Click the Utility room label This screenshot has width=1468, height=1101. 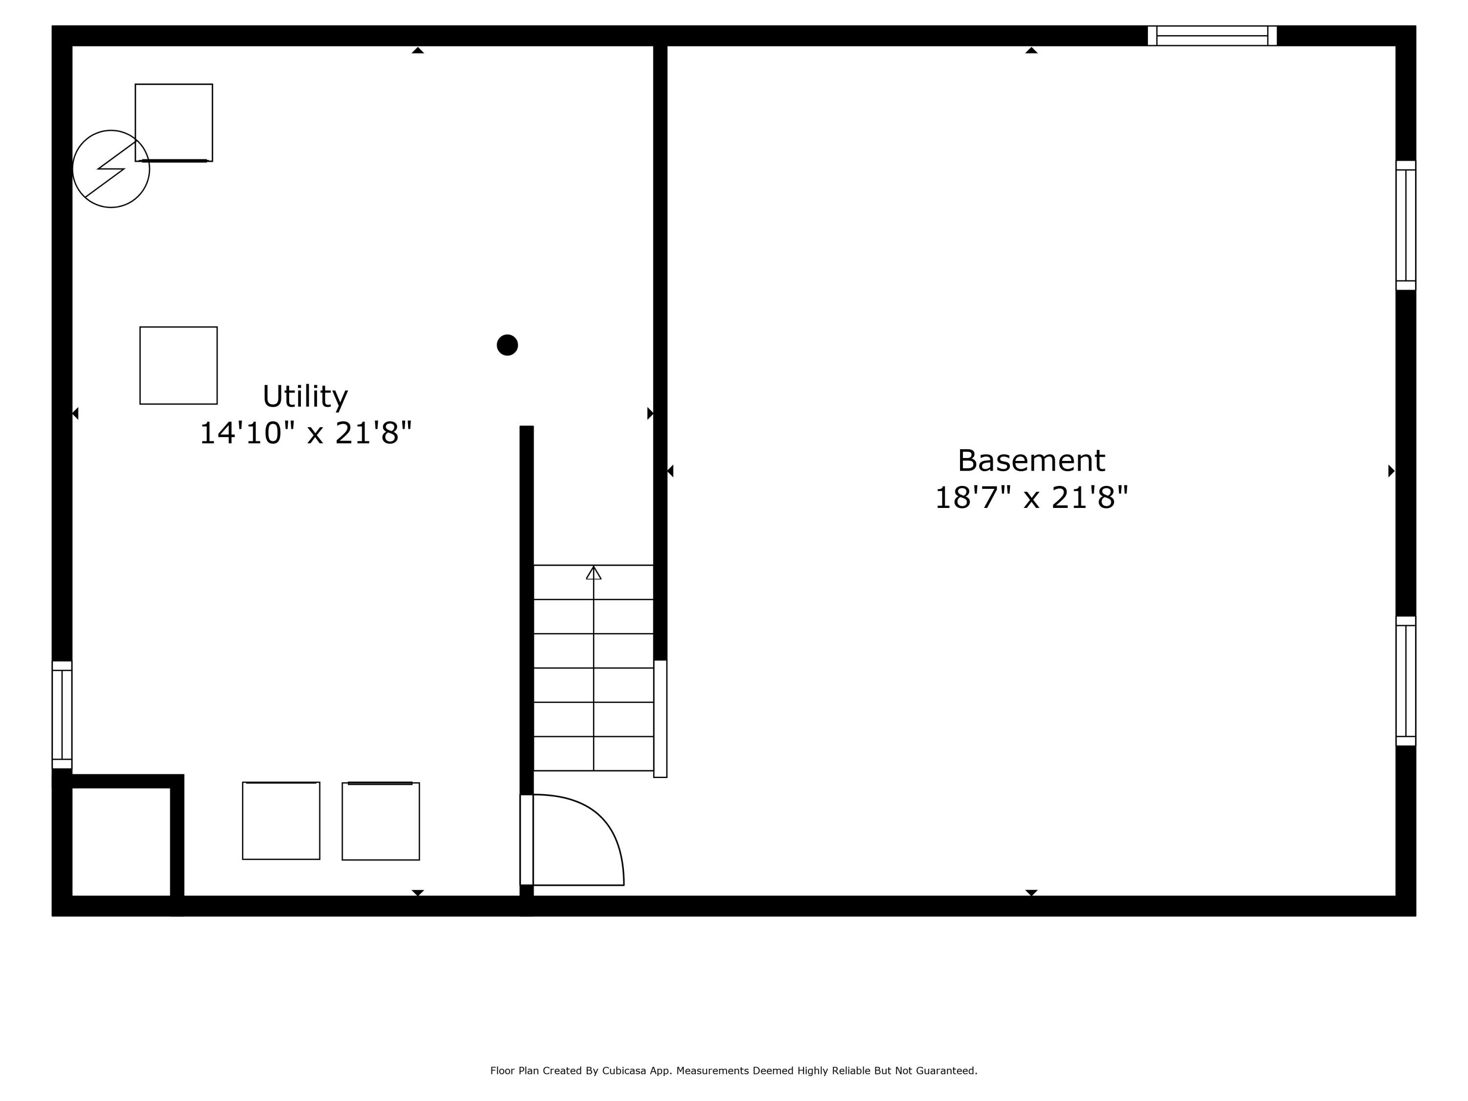(305, 397)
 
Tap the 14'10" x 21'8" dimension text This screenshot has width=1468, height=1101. (305, 434)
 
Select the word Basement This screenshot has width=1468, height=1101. (1031, 460)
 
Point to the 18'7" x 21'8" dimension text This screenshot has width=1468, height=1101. (1031, 498)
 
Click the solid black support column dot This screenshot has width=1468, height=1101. (507, 345)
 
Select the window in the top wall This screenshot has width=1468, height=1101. (1212, 36)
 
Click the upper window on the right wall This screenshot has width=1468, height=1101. (1406, 226)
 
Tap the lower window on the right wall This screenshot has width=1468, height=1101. (1406, 681)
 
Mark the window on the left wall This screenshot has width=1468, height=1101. (62, 715)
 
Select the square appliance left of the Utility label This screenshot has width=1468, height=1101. (179, 365)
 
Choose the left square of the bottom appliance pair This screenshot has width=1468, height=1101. (281, 821)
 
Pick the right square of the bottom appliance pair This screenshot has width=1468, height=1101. (380, 822)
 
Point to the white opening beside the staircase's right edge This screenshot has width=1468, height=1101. (660, 719)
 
